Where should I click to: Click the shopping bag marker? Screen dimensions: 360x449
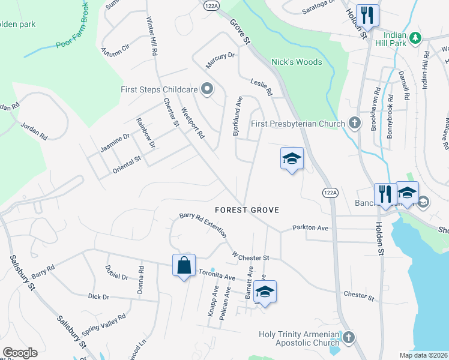tap(184, 265)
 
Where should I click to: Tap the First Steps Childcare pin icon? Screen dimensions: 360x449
tap(207, 89)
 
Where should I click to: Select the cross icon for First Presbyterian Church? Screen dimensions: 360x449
tap(354, 124)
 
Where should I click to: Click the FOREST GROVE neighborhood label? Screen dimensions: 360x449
tap(247, 210)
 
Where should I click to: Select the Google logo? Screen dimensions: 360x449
tap(19, 352)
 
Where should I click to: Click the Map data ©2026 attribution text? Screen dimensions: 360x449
tap(424, 355)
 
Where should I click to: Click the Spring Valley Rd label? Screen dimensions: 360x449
tap(103, 324)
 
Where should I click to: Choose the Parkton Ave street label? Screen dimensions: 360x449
tap(310, 228)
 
